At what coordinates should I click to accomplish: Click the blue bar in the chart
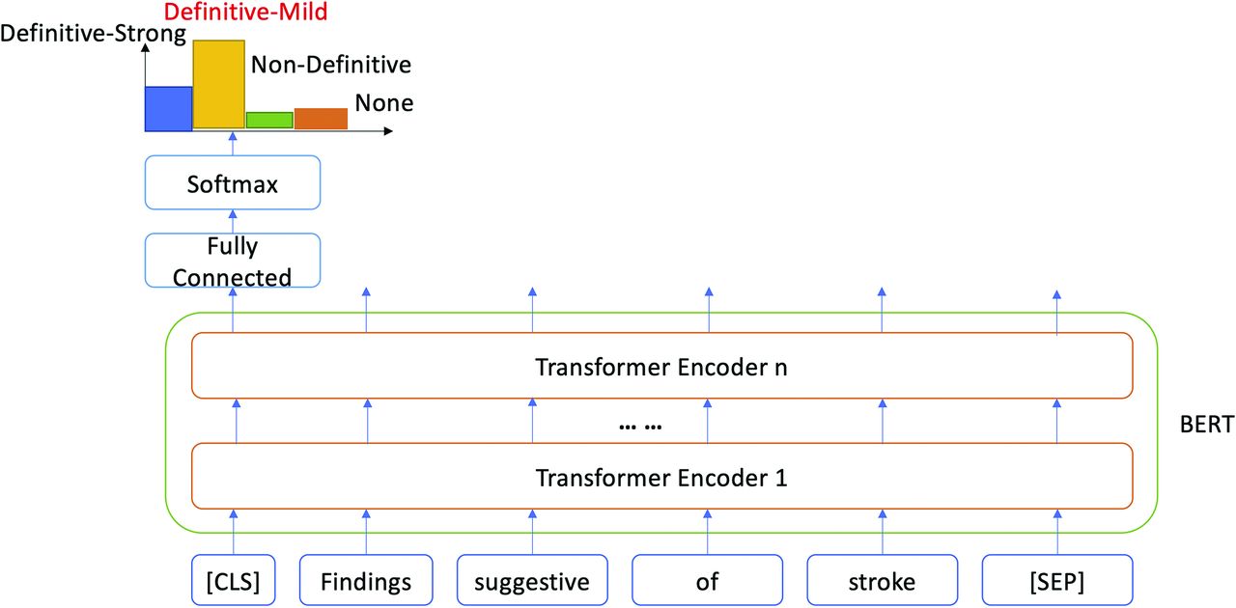pyautogui.click(x=168, y=109)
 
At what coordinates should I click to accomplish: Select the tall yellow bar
pyautogui.click(x=218, y=84)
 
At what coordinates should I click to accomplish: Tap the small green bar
pyautogui.click(x=269, y=120)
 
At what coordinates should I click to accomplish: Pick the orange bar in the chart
pyautogui.click(x=321, y=119)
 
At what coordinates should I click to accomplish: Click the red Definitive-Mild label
pyautogui.click(x=245, y=12)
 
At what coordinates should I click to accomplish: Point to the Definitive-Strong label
pyautogui.click(x=94, y=34)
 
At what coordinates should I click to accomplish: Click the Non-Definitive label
pyautogui.click(x=331, y=65)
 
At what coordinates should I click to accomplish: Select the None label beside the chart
pyautogui.click(x=384, y=102)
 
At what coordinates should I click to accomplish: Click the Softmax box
pyautogui.click(x=233, y=182)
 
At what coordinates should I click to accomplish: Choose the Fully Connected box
pyautogui.click(x=233, y=261)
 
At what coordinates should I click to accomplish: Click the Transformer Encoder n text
pyautogui.click(x=661, y=367)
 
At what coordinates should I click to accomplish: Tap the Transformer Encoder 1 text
pyautogui.click(x=661, y=478)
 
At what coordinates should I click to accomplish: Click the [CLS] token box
pyautogui.click(x=233, y=580)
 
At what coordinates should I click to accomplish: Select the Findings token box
pyautogui.click(x=366, y=580)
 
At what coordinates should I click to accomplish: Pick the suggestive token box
pyautogui.click(x=532, y=580)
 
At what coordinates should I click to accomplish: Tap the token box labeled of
pyautogui.click(x=707, y=580)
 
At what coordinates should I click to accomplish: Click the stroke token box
pyautogui.click(x=882, y=580)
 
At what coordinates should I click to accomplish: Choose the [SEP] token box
pyautogui.click(x=1057, y=580)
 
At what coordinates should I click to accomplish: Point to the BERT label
pyautogui.click(x=1207, y=425)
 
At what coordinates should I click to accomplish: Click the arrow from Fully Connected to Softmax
pyautogui.click(x=233, y=221)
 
